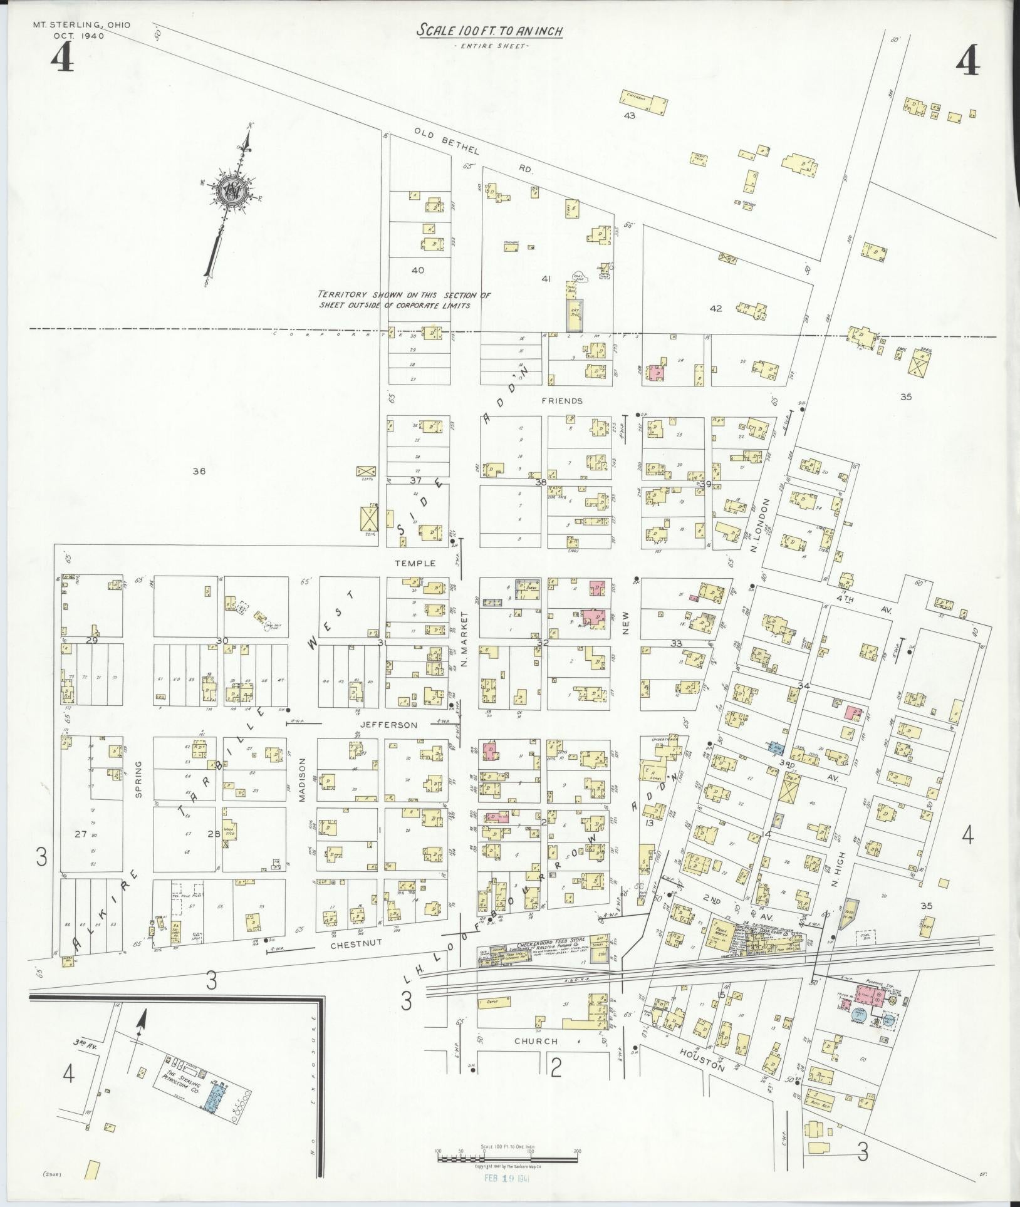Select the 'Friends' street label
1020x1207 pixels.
(x=562, y=401)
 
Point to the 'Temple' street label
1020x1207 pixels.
(x=415, y=563)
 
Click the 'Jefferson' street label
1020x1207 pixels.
(x=388, y=725)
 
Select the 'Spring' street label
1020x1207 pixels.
(x=139, y=779)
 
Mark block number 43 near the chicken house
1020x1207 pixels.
(x=629, y=116)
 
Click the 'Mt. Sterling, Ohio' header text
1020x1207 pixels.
(x=81, y=25)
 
